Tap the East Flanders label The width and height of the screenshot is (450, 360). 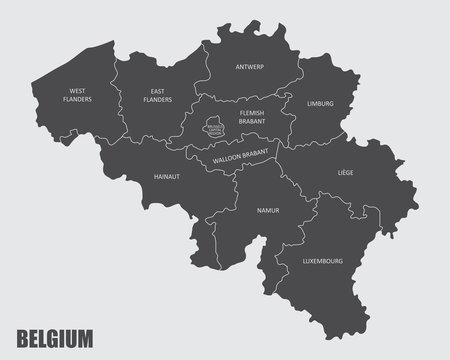tap(157, 96)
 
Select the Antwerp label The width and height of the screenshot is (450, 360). tap(249, 68)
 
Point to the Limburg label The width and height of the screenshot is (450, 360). tap(320, 103)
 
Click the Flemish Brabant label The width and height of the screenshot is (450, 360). tap(251, 118)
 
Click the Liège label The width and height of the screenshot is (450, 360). tap(345, 172)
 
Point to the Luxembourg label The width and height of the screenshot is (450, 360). tap(322, 261)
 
